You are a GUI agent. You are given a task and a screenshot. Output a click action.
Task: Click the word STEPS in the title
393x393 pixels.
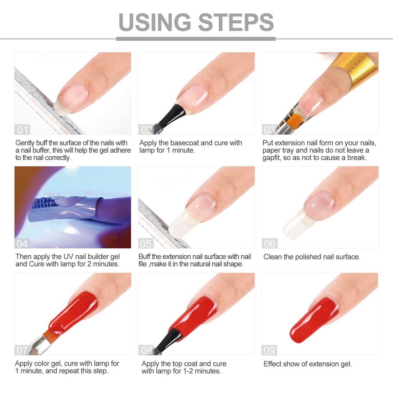coord(236,22)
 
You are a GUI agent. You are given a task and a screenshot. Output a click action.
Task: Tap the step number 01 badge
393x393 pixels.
coord(22,130)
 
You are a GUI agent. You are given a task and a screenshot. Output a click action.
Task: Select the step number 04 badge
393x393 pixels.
coord(22,244)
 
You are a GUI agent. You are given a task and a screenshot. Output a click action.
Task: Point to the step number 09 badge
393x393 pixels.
coord(269,350)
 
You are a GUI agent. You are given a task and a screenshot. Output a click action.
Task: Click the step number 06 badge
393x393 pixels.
coord(269,244)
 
